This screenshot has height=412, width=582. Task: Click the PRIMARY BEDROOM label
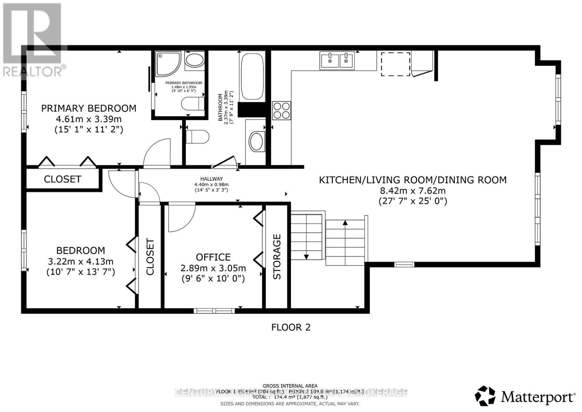(88, 108)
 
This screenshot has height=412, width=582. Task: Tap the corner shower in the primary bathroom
(168, 63)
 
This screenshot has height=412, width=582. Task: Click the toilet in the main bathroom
(197, 137)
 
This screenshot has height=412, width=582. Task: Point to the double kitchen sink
(337, 60)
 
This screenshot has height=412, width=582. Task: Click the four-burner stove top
(282, 110)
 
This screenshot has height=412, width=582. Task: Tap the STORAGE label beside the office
(277, 257)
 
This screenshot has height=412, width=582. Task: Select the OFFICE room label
(213, 257)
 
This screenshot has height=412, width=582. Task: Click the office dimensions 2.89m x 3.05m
(213, 268)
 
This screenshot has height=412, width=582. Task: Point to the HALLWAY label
(211, 179)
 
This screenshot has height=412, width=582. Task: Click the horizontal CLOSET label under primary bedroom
(63, 179)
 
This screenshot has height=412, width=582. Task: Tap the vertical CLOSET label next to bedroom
(150, 257)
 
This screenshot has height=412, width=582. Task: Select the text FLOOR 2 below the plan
(291, 327)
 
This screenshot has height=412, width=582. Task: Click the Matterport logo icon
(485, 396)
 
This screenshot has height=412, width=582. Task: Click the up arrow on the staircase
(345, 223)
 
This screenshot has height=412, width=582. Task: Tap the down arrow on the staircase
(306, 256)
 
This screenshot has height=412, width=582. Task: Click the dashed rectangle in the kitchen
(395, 64)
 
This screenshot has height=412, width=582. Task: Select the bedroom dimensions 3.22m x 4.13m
(81, 261)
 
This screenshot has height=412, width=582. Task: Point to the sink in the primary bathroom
(195, 60)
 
